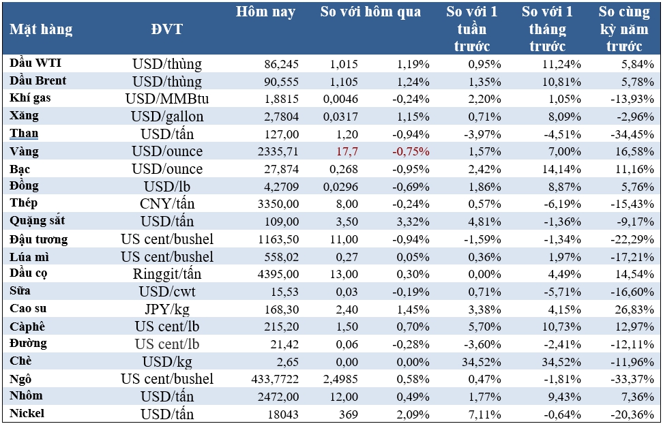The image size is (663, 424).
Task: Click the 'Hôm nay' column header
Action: pos(265,12)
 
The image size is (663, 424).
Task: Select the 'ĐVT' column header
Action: pos(167,29)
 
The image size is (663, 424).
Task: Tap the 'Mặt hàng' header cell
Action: pos(41,29)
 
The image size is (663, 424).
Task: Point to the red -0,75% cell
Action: pos(411,151)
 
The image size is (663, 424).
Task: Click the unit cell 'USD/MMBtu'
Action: pos(167,99)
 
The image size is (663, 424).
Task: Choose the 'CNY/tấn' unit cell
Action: pos(167,203)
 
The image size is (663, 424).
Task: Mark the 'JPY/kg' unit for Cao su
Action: pos(167,308)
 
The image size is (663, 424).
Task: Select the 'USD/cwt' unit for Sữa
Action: pos(167,291)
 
